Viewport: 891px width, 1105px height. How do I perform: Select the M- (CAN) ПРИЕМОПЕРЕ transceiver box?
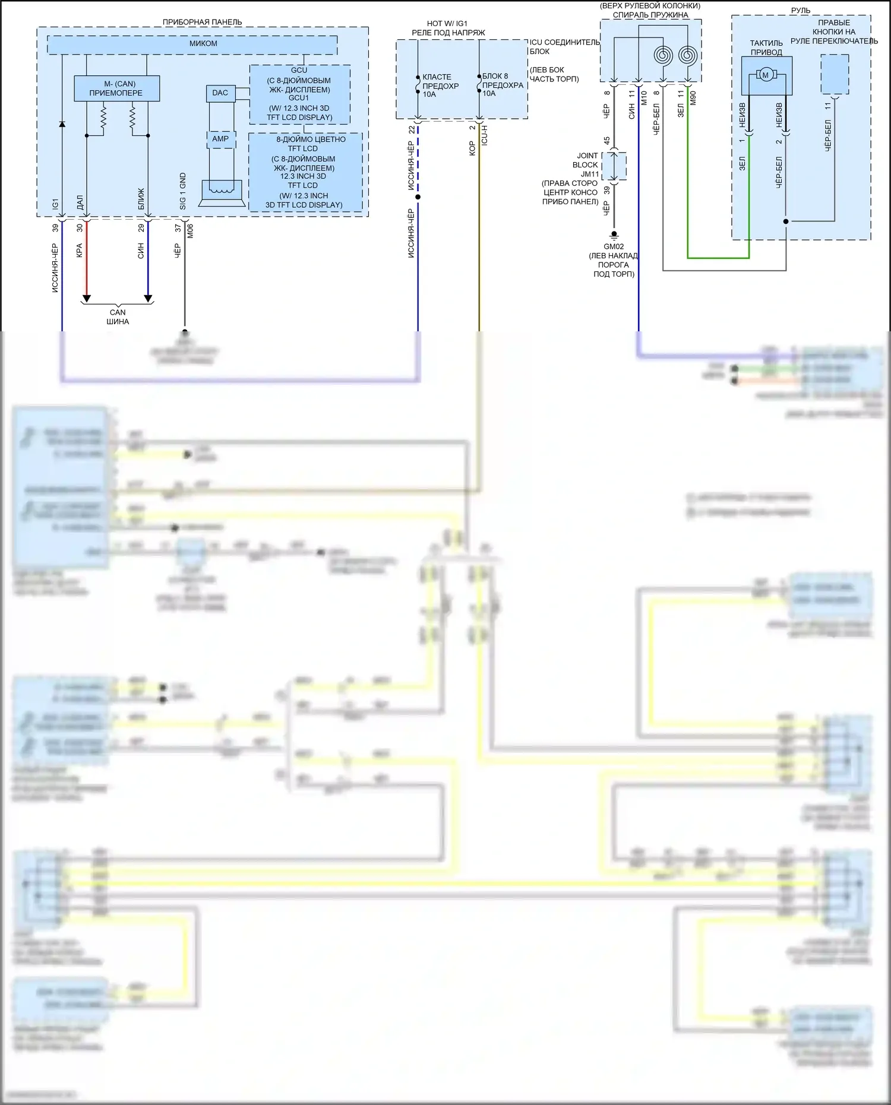(116, 88)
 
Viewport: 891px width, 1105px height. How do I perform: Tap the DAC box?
(220, 93)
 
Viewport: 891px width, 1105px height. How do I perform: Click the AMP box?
(220, 139)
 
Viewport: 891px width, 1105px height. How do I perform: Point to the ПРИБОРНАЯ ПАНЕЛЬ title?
(202, 22)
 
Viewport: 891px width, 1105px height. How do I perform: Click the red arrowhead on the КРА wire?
(87, 298)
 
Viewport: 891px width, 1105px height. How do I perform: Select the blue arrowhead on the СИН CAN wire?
(148, 298)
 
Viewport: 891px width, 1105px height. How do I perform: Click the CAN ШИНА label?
(118, 317)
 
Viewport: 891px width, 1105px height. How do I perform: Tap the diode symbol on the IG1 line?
(62, 124)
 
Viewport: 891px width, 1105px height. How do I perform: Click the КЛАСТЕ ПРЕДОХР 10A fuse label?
(440, 86)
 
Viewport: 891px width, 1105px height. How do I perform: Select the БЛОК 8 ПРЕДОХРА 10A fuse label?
(503, 85)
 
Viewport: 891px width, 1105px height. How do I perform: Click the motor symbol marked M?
(765, 75)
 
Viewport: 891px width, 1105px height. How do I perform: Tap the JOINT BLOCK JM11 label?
(586, 165)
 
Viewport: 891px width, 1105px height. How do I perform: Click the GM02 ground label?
(614, 246)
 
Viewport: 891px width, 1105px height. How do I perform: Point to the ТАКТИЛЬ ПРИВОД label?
(766, 48)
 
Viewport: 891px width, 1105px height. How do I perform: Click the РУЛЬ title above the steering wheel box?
(801, 11)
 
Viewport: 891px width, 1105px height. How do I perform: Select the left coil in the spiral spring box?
(663, 56)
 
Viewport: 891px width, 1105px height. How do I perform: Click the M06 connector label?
(190, 231)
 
